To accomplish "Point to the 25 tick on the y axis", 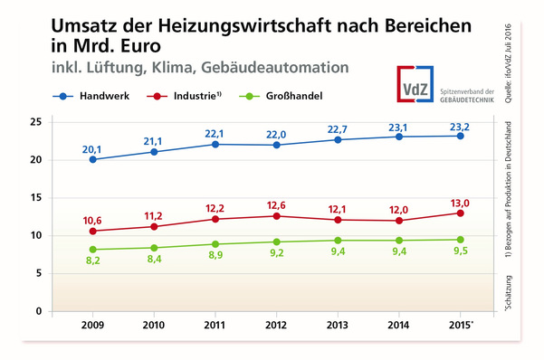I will [36, 122].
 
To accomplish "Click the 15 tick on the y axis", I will [36, 198].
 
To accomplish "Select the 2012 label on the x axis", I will [276, 325].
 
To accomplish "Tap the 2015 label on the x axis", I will [461, 325].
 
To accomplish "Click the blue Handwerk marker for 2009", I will [93, 159].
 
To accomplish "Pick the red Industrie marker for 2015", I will [460, 213].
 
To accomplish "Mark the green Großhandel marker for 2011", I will [215, 244].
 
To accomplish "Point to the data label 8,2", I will [93, 262].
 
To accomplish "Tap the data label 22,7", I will [337, 126].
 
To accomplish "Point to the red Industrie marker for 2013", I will [337, 220].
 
